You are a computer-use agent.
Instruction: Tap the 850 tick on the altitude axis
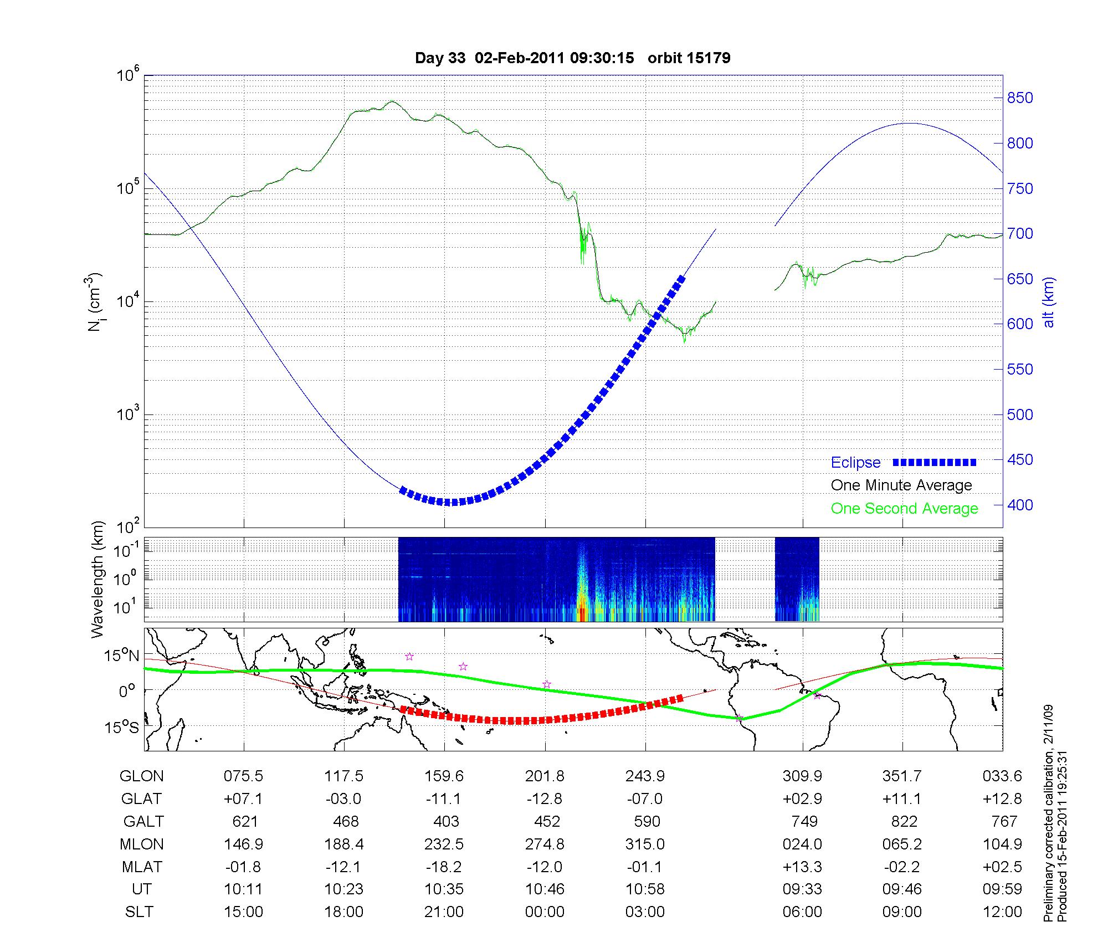(x=1020, y=98)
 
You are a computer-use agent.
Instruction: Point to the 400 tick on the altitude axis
(x=1020, y=505)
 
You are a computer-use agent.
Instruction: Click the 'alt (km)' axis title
(x=1049, y=302)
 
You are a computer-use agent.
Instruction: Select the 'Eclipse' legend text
(x=855, y=462)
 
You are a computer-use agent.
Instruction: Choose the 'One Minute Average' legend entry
(x=901, y=485)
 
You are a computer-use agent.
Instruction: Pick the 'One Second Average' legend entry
(x=904, y=509)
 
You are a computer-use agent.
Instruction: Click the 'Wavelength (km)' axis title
(x=98, y=579)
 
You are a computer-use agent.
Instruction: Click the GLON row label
(x=141, y=776)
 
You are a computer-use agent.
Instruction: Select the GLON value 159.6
(x=444, y=776)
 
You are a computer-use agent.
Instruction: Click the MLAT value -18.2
(x=444, y=867)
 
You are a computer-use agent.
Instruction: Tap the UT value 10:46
(x=545, y=889)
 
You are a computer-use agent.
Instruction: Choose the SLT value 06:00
(x=802, y=912)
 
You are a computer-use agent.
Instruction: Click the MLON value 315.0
(x=645, y=844)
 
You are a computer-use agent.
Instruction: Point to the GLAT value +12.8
(x=1002, y=799)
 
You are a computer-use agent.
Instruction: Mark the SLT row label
(x=139, y=912)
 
